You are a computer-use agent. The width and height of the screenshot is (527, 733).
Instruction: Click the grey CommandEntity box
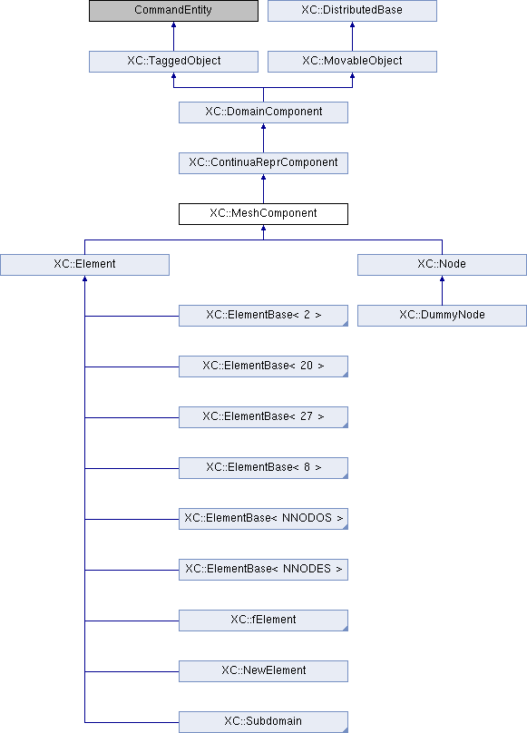(173, 11)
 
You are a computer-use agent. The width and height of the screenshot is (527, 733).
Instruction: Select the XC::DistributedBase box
(352, 11)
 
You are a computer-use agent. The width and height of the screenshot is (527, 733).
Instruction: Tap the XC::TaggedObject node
(173, 62)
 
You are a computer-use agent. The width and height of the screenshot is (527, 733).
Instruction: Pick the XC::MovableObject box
(352, 62)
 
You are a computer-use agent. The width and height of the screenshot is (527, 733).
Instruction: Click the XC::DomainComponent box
(263, 112)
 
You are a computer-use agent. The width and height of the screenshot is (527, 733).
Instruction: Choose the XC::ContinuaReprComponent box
(263, 163)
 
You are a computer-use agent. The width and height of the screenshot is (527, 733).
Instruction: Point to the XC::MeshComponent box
(263, 214)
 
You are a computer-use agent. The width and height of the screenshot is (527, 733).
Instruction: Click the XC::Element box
(84, 265)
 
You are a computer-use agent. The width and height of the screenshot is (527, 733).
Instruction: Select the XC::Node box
(442, 265)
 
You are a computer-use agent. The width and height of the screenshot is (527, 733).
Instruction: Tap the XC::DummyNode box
(442, 316)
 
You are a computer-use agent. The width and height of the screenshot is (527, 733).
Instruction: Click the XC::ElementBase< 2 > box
(263, 316)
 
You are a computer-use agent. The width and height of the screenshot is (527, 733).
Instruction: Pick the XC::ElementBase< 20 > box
(263, 366)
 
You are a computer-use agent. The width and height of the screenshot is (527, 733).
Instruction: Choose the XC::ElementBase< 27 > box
(263, 417)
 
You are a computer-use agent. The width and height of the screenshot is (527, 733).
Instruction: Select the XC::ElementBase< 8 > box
(263, 468)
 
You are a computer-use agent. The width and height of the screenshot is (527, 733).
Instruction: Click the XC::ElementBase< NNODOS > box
(263, 519)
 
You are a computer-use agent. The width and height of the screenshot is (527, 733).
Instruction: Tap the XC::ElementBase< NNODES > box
(263, 570)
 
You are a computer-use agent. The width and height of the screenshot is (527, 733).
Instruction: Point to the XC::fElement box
(263, 621)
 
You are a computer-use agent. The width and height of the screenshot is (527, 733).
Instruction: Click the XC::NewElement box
(263, 671)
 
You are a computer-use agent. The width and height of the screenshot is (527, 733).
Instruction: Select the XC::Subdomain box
(263, 722)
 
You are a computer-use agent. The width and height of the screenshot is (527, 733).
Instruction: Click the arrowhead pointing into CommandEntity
(173, 24)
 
